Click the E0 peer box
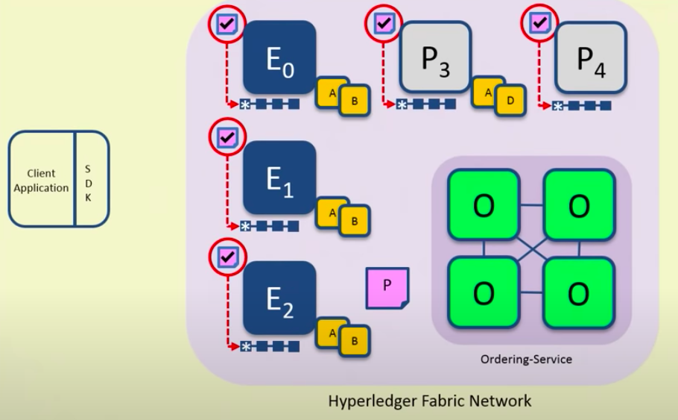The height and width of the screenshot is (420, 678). tap(279, 57)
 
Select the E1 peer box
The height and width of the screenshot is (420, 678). tap(279, 178)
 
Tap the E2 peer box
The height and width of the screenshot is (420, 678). tap(279, 297)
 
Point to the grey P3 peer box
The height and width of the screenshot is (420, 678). tap(436, 57)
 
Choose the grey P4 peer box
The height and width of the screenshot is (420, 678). tap(590, 57)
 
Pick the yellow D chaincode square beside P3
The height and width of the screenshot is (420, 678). tap(510, 99)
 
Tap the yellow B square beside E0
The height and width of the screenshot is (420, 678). tap(355, 99)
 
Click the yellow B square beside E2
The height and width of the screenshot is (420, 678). tap(355, 341)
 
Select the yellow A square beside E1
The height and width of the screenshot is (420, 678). tap(332, 211)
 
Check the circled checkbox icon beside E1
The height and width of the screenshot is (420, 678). tap(228, 137)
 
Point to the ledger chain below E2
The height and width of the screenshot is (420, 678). tap(270, 346)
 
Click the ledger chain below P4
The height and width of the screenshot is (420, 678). tap(582, 106)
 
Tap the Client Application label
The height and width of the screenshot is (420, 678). tap(41, 181)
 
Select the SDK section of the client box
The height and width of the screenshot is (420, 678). tap(89, 179)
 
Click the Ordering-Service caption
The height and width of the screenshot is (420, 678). tap(526, 360)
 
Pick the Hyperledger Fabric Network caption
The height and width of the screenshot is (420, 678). tap(430, 401)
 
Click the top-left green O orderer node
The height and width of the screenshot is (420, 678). tap(483, 204)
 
